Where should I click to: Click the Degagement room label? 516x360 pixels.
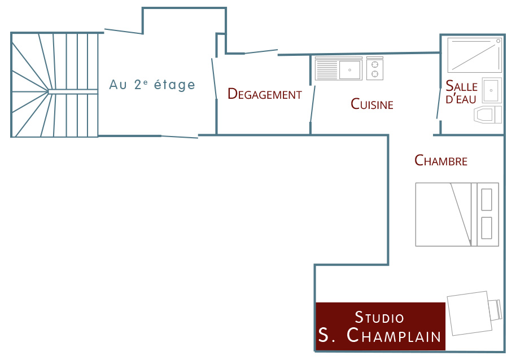[265, 94]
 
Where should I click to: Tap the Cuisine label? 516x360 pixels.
[372, 104]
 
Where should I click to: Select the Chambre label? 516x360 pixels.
[441, 160]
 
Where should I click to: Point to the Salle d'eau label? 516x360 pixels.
[461, 92]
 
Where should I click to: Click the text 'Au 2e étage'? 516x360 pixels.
[152, 85]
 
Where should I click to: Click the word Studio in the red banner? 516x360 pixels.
[379, 317]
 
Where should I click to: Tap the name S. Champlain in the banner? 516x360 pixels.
[379, 335]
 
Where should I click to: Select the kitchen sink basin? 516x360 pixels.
[349, 70]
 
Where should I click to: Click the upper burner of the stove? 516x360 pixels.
[374, 64]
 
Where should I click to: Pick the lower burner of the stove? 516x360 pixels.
[374, 74]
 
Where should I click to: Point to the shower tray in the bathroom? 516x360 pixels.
[474, 55]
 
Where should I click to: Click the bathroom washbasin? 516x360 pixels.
[492, 90]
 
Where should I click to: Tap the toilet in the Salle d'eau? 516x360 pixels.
[488, 115]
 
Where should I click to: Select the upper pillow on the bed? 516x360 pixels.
[487, 200]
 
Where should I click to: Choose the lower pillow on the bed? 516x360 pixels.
[487, 228]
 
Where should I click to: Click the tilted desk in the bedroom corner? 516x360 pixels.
[470, 313]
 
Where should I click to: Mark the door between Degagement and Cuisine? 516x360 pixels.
[312, 104]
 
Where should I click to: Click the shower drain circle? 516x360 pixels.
[498, 41]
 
